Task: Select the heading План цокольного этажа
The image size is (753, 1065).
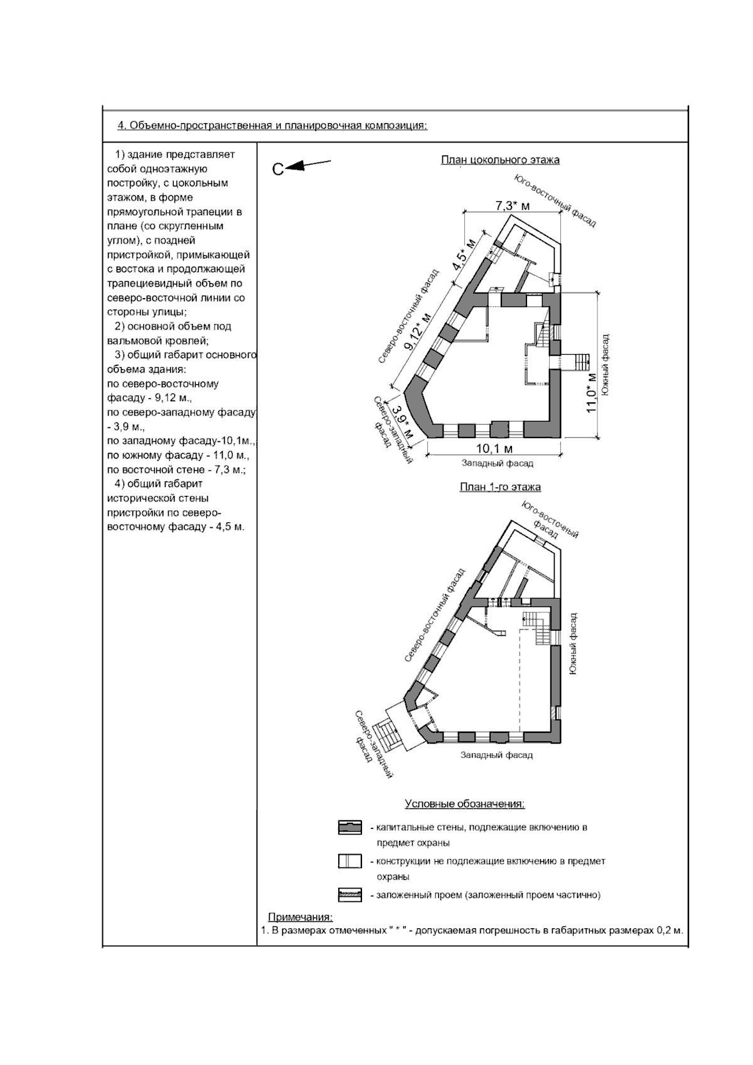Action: coord(499,160)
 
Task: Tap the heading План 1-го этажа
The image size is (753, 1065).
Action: coord(499,487)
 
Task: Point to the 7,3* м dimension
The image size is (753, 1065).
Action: coord(512,205)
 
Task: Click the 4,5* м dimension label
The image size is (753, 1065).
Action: coord(464,254)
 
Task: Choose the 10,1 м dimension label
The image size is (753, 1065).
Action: coord(494,449)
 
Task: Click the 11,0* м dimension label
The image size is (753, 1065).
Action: coord(591,392)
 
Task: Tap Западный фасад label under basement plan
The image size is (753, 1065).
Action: coord(497,463)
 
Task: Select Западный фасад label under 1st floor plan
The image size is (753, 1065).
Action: coord(496,755)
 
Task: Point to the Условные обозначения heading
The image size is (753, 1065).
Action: coord(464,804)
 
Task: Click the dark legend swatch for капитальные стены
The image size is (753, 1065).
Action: coord(350,828)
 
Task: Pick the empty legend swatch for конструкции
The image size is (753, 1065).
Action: coord(350,862)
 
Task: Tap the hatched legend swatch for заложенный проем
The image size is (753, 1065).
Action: coord(350,895)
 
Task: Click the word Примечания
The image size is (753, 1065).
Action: coord(300,918)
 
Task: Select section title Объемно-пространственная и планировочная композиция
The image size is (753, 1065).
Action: coord(272,126)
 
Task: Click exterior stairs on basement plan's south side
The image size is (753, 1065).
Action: coord(577,361)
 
